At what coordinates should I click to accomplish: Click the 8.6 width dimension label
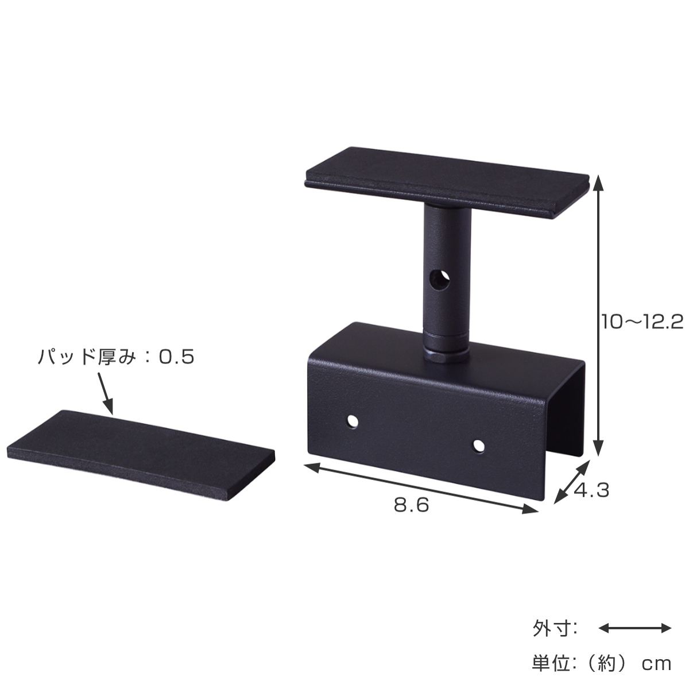pos(411,505)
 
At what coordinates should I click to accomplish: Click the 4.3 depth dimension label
pos(591,491)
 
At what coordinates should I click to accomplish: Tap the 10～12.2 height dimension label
pos(642,322)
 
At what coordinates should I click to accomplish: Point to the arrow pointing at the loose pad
pos(106,393)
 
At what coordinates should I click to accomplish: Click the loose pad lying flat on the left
pos(141,454)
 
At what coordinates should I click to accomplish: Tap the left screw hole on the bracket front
pos(352,422)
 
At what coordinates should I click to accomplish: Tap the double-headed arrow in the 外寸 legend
pos(635,628)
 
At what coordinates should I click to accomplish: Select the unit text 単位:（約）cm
pos(602,664)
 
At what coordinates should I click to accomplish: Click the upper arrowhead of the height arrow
pos(598,184)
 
